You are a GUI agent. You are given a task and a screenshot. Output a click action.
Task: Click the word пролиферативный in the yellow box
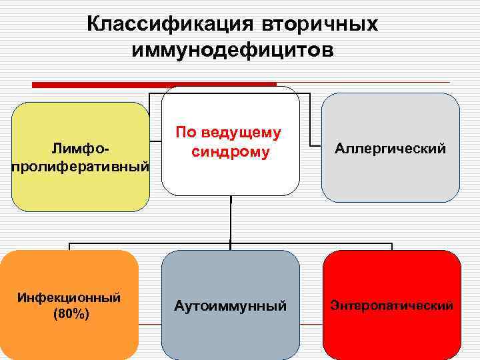81,165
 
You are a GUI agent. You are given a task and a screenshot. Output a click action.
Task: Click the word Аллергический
391,148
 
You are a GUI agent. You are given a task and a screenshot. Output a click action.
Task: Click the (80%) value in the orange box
71,313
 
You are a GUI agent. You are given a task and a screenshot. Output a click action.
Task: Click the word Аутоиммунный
231,307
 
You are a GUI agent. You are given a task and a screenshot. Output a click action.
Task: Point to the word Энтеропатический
391,306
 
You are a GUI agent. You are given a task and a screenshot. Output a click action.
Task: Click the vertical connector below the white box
231,220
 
